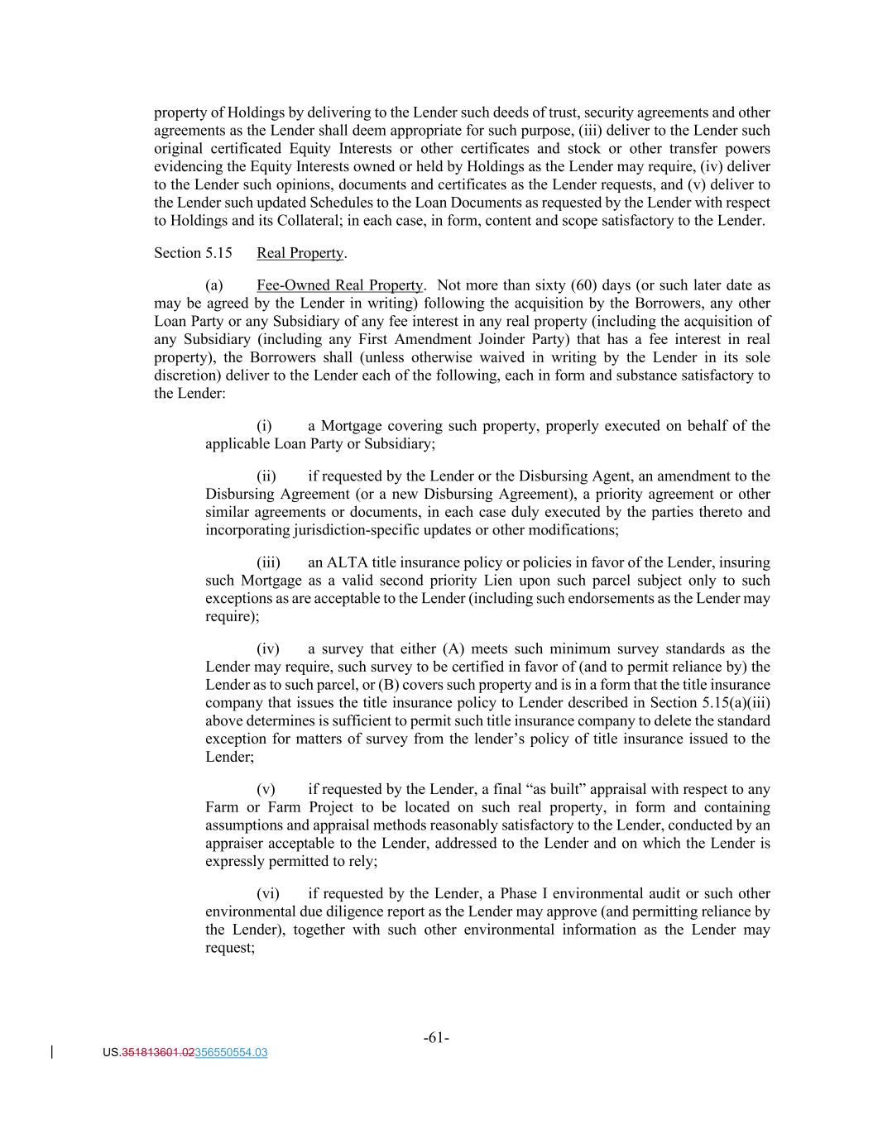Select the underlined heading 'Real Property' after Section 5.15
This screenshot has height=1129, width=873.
click(x=300, y=253)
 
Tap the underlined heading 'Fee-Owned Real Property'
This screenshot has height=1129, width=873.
click(x=339, y=285)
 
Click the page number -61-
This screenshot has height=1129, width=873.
click(x=436, y=1038)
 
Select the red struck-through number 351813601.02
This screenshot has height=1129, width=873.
click(x=158, y=1053)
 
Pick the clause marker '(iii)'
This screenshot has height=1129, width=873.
click(x=268, y=562)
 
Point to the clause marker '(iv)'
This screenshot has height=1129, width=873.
click(x=267, y=649)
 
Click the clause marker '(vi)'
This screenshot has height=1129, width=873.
click(x=267, y=893)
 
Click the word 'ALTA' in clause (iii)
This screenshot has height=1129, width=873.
click(x=348, y=562)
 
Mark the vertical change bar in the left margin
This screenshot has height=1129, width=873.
click(x=53, y=1052)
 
